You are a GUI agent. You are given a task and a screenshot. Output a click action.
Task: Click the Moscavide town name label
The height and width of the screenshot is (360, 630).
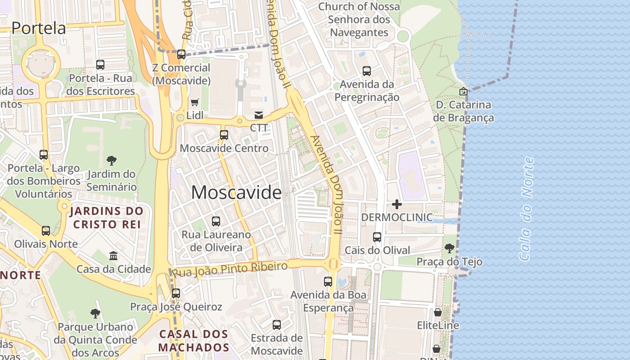coord(236,193)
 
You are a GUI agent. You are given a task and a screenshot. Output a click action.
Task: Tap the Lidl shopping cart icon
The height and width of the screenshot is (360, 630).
coord(195,103)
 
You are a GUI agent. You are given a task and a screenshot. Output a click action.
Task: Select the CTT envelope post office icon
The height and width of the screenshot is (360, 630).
coord(259,115)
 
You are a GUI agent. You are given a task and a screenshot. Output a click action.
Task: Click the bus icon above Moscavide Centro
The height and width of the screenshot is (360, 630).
coord(224,135)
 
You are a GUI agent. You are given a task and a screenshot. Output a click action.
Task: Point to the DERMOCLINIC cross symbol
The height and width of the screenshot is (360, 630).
coord(396,204)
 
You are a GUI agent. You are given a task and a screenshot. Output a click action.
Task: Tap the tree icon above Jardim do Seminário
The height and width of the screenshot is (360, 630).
coord(111,160)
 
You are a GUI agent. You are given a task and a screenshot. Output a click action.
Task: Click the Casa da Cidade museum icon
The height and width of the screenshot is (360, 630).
coord(113,256)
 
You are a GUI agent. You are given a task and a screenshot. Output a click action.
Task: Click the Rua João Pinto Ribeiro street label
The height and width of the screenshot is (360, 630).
coord(230,269)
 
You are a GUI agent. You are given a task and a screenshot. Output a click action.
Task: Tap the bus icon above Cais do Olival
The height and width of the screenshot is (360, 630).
coord(377,237)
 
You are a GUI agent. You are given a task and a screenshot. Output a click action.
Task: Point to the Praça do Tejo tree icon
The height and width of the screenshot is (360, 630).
coord(449,248)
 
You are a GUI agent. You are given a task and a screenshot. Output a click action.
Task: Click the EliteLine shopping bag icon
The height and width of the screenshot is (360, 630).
coord(437,312)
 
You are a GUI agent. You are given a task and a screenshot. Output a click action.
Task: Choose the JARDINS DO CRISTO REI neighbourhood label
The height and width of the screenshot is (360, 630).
coord(107,218)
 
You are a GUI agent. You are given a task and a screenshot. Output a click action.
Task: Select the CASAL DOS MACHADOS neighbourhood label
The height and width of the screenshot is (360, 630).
coord(193,341)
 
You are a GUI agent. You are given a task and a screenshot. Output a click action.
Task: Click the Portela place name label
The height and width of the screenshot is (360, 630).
coord(39,28)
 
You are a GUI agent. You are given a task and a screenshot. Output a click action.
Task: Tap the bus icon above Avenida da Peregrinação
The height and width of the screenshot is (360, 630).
coord(367,71)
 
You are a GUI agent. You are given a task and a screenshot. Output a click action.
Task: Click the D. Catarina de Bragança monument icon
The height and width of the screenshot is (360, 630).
coord(463,91)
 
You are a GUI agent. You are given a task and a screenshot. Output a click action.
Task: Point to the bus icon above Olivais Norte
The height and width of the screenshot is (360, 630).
coord(46,231)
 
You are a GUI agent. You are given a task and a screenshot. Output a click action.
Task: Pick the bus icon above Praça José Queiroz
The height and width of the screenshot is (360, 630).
coord(176,293)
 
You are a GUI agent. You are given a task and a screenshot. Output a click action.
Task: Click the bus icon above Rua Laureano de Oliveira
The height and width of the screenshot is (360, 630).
coord(216,221)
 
